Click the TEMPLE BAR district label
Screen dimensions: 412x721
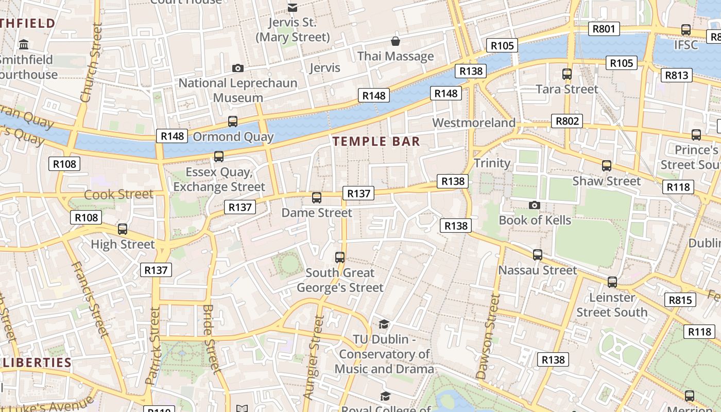click(376, 142)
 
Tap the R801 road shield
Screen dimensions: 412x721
click(604, 29)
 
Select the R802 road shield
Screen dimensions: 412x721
click(567, 122)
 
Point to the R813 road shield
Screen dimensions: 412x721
click(677, 75)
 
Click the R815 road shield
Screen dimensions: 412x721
click(680, 300)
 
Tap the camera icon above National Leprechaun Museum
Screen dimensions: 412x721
click(237, 68)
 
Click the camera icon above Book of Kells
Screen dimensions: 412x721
click(535, 205)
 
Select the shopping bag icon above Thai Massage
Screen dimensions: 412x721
click(396, 41)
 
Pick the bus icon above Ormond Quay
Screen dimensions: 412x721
click(233, 122)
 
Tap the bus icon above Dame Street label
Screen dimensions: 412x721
click(317, 198)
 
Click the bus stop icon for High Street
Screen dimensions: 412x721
click(123, 229)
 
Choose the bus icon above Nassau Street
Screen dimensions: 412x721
click(538, 255)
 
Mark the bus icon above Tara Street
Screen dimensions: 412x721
click(567, 74)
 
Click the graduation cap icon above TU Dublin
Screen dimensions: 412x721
click(384, 324)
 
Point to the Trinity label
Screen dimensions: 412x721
click(492, 163)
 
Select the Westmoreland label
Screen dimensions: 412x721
click(474, 123)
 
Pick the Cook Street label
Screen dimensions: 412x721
click(118, 195)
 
